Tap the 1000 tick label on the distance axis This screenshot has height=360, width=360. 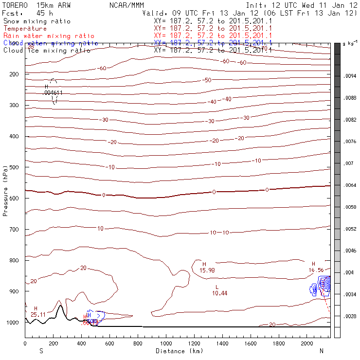coord(166,343)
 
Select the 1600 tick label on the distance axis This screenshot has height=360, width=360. coord(251,343)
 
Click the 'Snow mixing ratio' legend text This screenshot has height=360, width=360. coord(36,21)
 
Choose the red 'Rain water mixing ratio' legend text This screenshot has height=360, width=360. coord(42,36)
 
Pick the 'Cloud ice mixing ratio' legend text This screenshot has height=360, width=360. coord(40,50)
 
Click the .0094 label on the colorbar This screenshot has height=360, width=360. coord(350,76)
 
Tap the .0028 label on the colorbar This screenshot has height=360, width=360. coord(350,317)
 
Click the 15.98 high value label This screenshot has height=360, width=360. coord(207,270)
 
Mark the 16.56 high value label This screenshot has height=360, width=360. coord(316,270)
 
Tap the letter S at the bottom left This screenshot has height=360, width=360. coord(41,351)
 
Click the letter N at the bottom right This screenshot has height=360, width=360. coord(322,351)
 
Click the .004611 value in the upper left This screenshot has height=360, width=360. coord(54,92)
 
